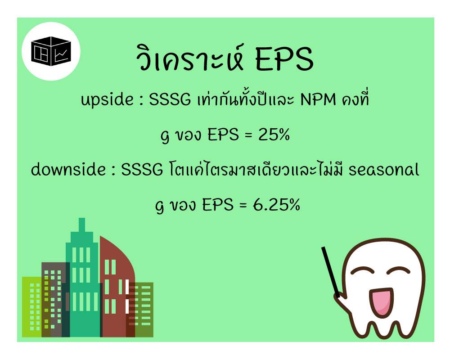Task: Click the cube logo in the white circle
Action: [51, 51]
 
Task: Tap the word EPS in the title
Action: [284, 59]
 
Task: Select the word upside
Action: [107, 100]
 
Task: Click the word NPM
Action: [318, 99]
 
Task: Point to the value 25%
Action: [274, 135]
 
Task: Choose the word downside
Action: [68, 169]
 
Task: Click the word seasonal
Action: [384, 169]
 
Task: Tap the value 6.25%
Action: [276, 205]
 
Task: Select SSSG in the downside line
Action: [142, 169]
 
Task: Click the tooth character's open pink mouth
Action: [381, 302]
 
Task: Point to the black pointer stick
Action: [331, 272]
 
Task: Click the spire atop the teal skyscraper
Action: [82, 225]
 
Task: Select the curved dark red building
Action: [116, 287]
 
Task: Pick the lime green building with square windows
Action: [32, 306]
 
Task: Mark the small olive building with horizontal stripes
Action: [143, 310]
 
